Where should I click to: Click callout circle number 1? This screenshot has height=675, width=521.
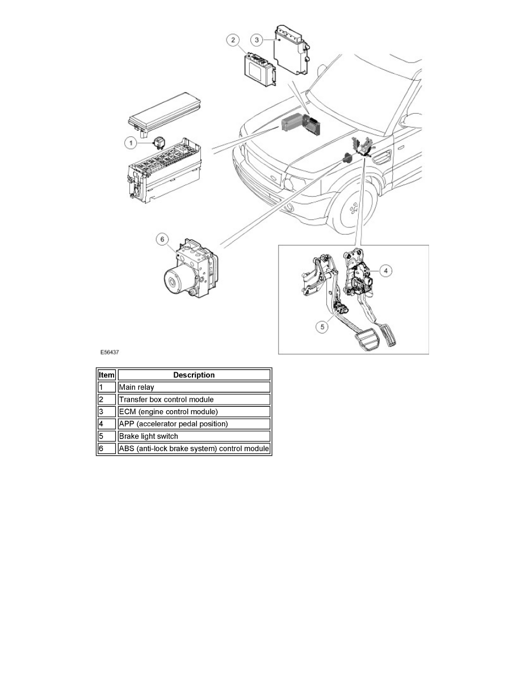click(131, 143)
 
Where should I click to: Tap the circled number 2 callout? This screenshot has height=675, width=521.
click(232, 40)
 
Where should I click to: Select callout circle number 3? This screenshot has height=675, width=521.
click(257, 40)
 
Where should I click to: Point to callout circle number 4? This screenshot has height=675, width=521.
click(385, 271)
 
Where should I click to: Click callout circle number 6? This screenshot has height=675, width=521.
click(162, 240)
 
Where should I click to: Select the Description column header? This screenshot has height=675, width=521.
click(194, 375)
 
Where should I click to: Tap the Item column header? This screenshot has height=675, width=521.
click(107, 375)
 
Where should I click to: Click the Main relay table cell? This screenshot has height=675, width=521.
click(194, 388)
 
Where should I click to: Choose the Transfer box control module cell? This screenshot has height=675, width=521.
click(194, 399)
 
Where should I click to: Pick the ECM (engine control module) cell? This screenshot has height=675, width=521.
click(194, 412)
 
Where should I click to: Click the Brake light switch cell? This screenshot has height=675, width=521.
click(194, 436)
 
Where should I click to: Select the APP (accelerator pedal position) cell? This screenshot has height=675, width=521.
click(194, 424)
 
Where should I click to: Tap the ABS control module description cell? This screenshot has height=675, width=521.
click(194, 449)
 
